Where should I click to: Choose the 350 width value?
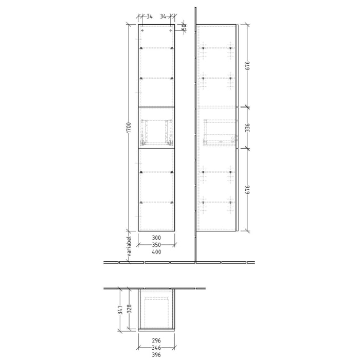(x=156, y=245)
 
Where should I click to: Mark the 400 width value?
(x=156, y=252)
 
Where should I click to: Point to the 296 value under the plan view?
(x=157, y=340)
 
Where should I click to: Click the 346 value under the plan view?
(x=157, y=347)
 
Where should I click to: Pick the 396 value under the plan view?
(x=157, y=354)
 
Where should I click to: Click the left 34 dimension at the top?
(x=149, y=16)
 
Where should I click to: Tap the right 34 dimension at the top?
(x=164, y=16)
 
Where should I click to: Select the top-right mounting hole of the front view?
(x=170, y=31)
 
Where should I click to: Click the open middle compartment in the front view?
(x=156, y=128)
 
